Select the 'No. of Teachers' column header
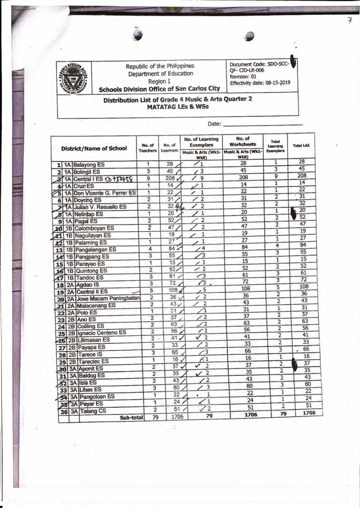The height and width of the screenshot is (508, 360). pyautogui.click(x=147, y=148)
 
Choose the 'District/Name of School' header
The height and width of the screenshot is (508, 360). pyautogui.click(x=94, y=148)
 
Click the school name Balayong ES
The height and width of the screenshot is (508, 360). pyautogui.click(x=88, y=164)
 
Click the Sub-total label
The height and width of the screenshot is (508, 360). pyautogui.click(x=131, y=418)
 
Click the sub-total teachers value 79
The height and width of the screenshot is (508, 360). pyautogui.click(x=147, y=418)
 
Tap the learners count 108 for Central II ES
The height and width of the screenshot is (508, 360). pyautogui.click(x=171, y=290)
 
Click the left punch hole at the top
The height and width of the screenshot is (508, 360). pyautogui.click(x=138, y=34)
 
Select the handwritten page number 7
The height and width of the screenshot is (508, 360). pyautogui.click(x=350, y=20)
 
